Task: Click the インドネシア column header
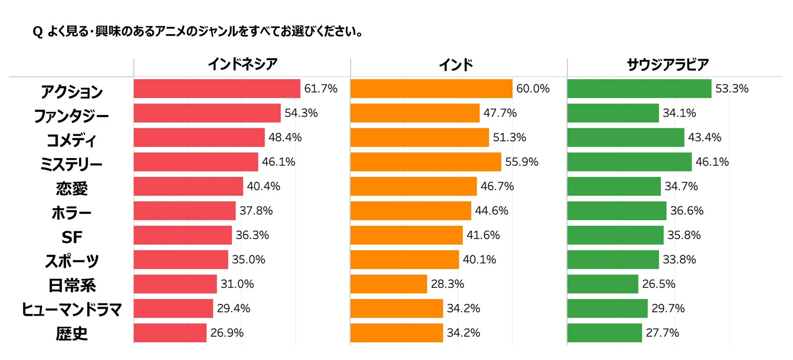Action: pos(242,64)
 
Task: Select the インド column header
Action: pos(456,65)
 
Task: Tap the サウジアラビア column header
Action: pos(668,65)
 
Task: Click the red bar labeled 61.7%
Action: pos(217,89)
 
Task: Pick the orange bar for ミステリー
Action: pos(425,162)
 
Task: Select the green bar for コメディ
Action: pos(625,137)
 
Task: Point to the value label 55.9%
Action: pos(521,162)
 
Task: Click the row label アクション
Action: pos(72,92)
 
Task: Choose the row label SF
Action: pos(72,237)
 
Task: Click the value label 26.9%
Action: pos(227,333)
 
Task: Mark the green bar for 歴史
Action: pos(604,333)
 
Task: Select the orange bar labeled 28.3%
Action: pos(388,284)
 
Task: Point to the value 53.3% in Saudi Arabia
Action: pos(732,89)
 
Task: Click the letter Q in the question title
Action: pos(37,32)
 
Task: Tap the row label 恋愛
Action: pos(72,189)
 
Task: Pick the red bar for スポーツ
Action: pos(181,260)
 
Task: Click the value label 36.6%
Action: pos(686,211)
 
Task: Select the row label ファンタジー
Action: pos(72,116)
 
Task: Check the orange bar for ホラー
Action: pos(411,211)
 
